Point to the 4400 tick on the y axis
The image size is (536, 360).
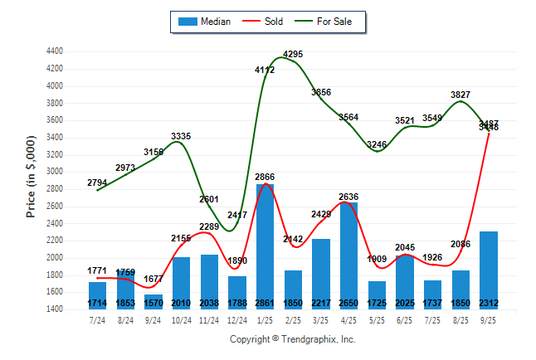click(x=55, y=51)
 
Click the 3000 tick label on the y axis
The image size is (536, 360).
click(x=55, y=172)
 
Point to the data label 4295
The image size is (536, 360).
click(x=293, y=55)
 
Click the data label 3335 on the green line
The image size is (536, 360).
click(x=181, y=136)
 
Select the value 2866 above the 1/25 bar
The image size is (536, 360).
click(x=265, y=178)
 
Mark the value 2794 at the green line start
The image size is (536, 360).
click(x=97, y=182)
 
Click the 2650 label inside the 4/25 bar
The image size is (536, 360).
click(x=348, y=301)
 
